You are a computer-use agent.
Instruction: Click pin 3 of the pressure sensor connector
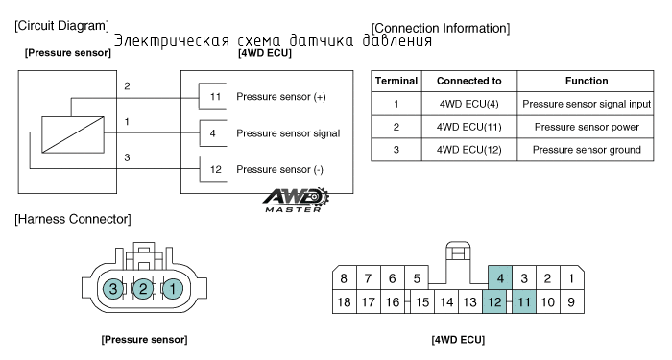click(x=113, y=288)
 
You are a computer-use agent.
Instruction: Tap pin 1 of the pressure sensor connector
click(x=172, y=288)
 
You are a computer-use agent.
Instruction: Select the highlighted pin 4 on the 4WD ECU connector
click(x=500, y=278)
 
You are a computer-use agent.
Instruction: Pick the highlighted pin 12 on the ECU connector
click(x=494, y=301)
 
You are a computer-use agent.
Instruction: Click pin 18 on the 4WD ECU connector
click(x=344, y=301)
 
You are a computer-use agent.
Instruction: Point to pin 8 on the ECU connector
click(x=344, y=278)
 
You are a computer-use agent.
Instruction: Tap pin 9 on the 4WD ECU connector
click(x=571, y=301)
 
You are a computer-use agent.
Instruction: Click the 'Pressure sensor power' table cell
click(x=586, y=127)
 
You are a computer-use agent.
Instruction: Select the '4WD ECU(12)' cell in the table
click(x=468, y=150)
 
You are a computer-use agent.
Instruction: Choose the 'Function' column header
click(x=586, y=81)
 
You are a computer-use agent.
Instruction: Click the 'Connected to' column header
click(x=468, y=81)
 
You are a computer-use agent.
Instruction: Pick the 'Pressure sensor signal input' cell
click(x=586, y=104)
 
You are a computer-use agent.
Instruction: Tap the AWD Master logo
click(x=296, y=200)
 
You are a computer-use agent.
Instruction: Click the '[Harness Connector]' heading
click(x=73, y=219)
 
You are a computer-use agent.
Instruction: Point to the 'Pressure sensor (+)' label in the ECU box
click(x=281, y=97)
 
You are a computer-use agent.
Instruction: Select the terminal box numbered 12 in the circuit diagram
click(x=213, y=169)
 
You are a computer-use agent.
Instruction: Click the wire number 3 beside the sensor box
click(x=127, y=157)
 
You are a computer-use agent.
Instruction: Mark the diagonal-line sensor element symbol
click(x=73, y=134)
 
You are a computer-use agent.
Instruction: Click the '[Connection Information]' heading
click(x=441, y=28)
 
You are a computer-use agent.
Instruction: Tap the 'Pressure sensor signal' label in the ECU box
click(x=288, y=133)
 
